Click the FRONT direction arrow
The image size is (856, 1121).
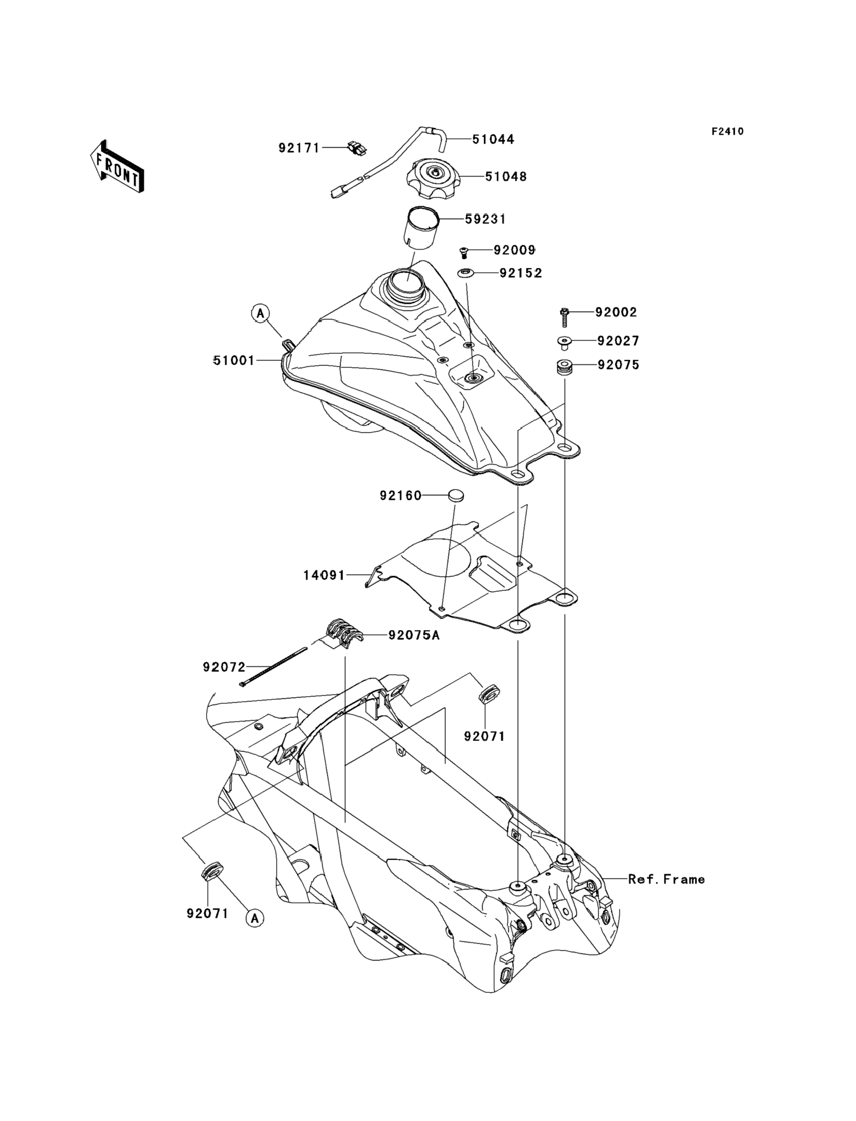(117, 167)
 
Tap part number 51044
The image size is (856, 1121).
(493, 139)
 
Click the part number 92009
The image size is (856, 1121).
(515, 250)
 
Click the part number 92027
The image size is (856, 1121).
(618, 341)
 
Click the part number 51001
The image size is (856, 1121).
(234, 361)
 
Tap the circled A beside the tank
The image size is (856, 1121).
(260, 313)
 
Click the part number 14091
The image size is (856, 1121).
(324, 576)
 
